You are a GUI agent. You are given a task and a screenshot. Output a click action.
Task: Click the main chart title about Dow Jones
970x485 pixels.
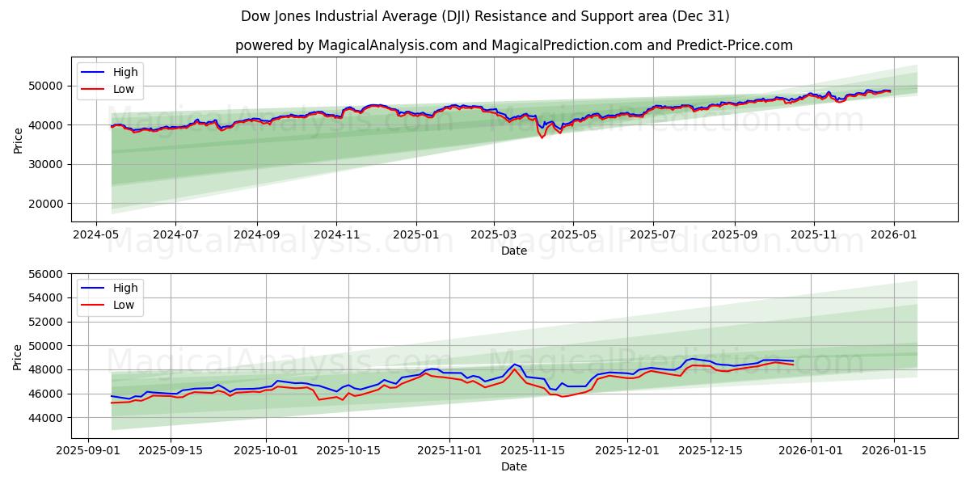pyautogui.click(x=485, y=16)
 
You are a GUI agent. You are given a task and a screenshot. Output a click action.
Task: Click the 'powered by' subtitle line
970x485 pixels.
pyautogui.click(x=513, y=45)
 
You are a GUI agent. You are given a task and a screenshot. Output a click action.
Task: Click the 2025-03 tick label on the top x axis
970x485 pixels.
pyautogui.click(x=494, y=234)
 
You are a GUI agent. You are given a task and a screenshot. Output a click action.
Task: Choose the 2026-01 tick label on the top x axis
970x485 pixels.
pyautogui.click(x=893, y=234)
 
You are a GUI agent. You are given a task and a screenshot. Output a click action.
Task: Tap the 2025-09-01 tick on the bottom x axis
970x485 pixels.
pyautogui.click(x=88, y=450)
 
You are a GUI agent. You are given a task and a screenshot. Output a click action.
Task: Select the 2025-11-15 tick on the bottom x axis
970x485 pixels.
pyautogui.click(x=532, y=450)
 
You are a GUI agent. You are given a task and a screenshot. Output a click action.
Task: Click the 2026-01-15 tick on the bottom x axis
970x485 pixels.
pyautogui.click(x=893, y=450)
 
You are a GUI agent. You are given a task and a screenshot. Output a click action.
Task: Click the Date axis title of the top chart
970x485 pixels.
pyautogui.click(x=513, y=251)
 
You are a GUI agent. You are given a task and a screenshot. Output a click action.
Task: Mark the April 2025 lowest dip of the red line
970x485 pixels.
pyautogui.click(x=542, y=137)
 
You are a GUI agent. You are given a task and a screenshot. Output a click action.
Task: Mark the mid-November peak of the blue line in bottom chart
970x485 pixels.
pyautogui.click(x=514, y=365)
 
